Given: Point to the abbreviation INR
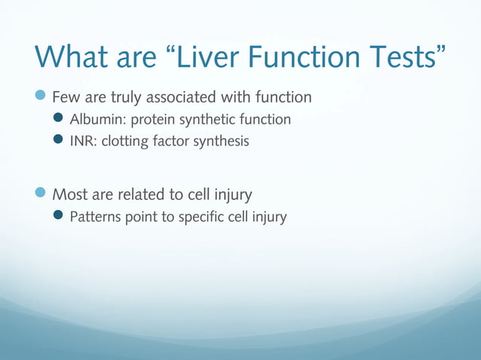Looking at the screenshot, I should point(81,141).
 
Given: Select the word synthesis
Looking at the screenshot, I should point(221,141).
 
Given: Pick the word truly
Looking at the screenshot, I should point(127,97).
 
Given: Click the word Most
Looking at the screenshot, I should point(70,195).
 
